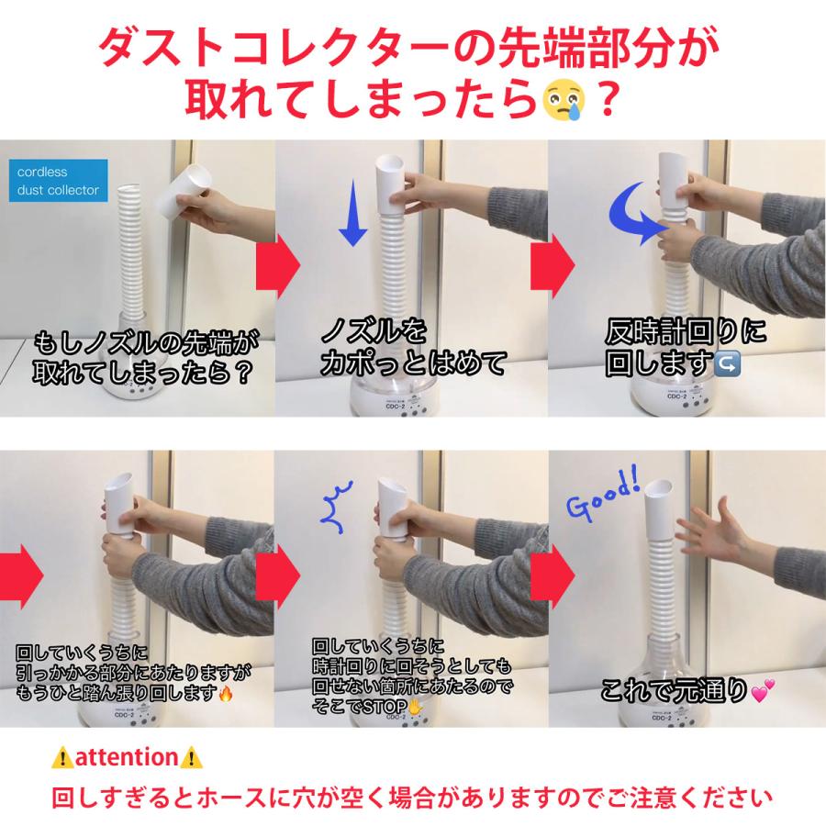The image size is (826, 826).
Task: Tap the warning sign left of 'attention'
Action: click(62, 758)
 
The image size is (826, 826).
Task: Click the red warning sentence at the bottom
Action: click(412, 794)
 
